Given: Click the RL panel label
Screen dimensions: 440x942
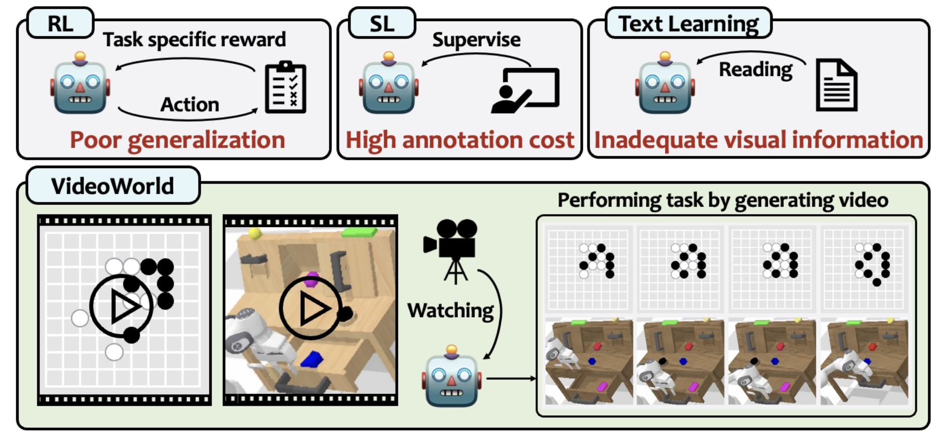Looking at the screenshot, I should coord(60,23).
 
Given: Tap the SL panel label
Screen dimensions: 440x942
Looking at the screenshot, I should coord(382,23).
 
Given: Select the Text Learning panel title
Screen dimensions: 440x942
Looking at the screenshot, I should coord(688,23).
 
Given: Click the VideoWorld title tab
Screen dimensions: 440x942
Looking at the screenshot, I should coord(112,186).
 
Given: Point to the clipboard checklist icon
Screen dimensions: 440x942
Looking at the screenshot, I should coord(286,87).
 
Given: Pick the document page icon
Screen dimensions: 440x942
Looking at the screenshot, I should coord(836,85).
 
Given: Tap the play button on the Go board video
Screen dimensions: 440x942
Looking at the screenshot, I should coord(121,306).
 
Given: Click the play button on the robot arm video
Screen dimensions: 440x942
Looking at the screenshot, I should coord(311,308).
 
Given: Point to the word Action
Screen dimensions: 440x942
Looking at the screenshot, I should coord(190,105).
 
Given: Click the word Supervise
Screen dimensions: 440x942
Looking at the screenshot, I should coord(477,40).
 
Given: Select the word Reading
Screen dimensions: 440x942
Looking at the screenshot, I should coord(755,69).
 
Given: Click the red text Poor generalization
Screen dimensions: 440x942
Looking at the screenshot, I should coord(177,140).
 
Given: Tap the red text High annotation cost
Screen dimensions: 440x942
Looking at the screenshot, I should coord(459,140).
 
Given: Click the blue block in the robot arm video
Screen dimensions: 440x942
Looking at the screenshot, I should coord(313,359).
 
